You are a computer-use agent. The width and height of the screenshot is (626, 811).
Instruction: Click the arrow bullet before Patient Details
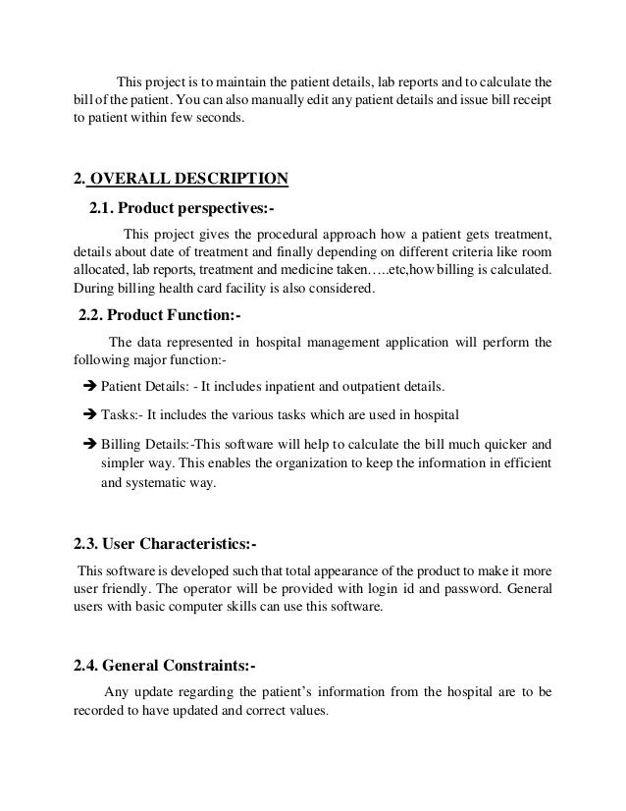pos(88,385)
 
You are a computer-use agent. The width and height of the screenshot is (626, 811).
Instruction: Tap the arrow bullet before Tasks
pos(88,410)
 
